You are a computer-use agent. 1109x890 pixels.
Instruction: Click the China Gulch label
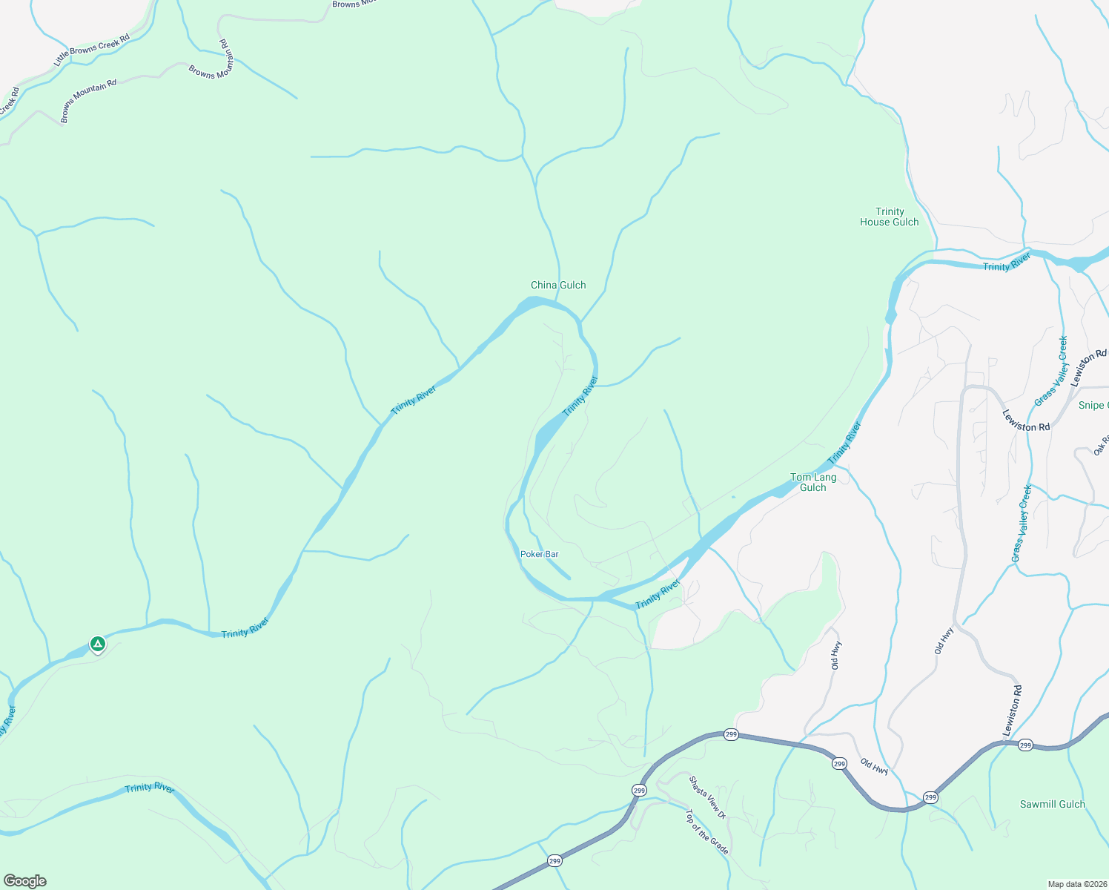558,285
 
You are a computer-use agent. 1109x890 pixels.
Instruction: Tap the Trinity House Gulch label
889,217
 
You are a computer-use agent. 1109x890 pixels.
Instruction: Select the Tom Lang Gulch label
813,482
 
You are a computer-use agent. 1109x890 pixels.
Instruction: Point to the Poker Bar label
539,554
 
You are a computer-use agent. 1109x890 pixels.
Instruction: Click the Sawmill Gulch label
1052,804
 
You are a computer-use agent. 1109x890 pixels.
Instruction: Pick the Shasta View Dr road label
707,798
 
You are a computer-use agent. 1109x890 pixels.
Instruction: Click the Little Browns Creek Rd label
92,50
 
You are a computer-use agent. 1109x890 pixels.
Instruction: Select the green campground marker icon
97,644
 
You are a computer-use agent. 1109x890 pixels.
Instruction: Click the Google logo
25,881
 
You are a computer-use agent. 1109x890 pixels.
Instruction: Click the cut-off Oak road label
1101,446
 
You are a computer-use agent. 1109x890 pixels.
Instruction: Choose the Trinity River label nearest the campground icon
245,628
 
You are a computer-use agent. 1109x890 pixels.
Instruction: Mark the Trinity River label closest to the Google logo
150,788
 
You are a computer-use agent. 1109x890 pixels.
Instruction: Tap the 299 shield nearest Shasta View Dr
639,791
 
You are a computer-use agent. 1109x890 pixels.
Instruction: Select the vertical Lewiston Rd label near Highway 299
1013,711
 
